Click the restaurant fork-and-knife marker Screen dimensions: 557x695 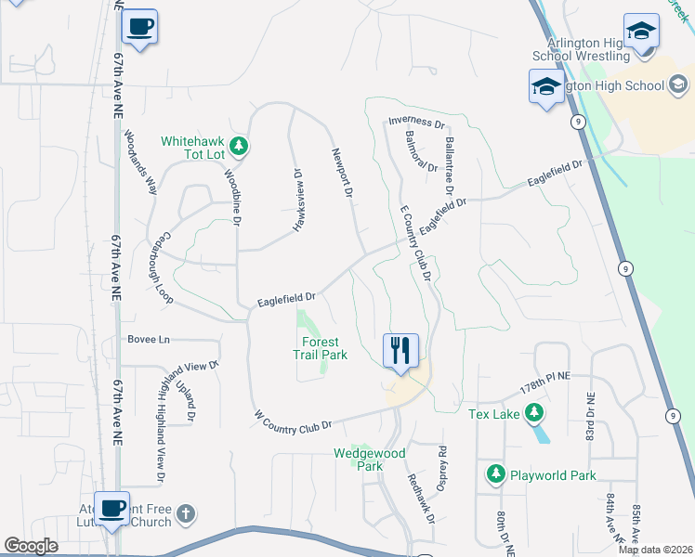[400, 351]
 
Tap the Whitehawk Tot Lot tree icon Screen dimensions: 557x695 [239, 145]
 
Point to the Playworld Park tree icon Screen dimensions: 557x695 [496, 475]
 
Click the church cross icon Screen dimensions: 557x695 [186, 513]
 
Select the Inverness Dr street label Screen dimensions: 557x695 [416, 122]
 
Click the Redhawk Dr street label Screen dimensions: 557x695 [421, 497]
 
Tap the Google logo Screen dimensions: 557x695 [31, 546]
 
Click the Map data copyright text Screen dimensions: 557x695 [656, 550]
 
